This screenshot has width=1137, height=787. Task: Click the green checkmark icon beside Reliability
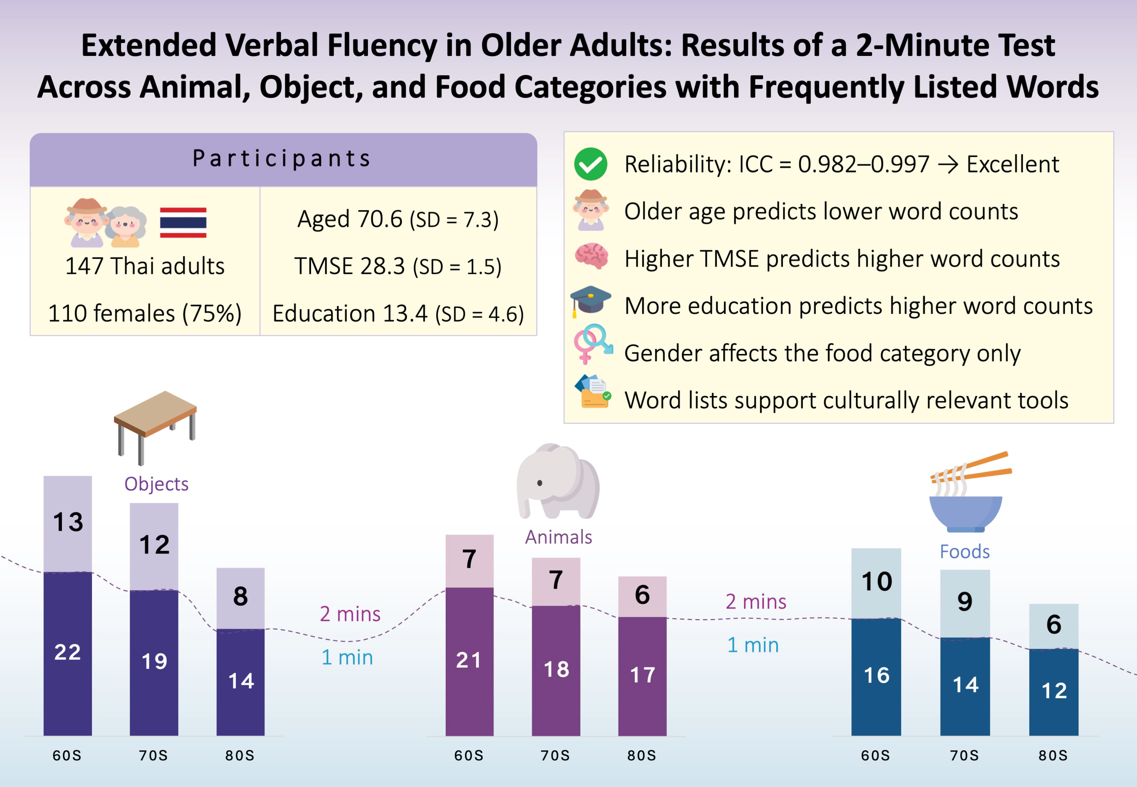[x=590, y=164]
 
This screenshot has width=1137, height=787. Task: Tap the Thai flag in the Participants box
[x=183, y=222]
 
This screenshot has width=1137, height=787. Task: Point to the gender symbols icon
[x=592, y=344]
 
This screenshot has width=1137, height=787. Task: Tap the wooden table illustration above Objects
[x=155, y=427]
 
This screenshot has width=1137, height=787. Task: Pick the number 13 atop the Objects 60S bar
[x=68, y=522]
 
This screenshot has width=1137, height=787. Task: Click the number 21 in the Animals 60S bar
[x=468, y=660]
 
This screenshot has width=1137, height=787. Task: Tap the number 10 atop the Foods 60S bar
[x=877, y=582]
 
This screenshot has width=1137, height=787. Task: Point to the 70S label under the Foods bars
[x=964, y=756]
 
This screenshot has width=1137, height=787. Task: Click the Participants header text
[x=282, y=159]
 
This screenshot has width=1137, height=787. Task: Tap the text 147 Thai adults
[x=145, y=266]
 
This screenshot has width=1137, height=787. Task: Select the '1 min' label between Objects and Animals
[x=347, y=657]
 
